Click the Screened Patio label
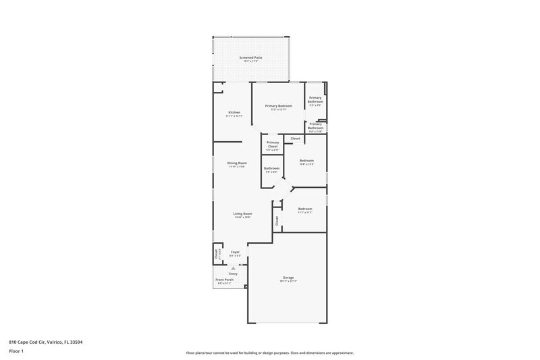[250, 58]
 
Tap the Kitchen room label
[234, 112]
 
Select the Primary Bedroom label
[278, 106]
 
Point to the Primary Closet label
[273, 144]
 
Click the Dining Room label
[236, 163]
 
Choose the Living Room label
[242, 213]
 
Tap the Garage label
[288, 278]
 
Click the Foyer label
[235, 252]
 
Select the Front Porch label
[224, 280]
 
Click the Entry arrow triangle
[233, 268]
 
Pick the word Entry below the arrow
[233, 274]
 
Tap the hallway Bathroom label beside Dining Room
[272, 168]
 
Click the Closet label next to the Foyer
[217, 254]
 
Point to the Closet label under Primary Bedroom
[296, 138]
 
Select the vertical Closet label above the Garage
[277, 220]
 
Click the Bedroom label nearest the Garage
[305, 209]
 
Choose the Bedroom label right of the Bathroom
[307, 160]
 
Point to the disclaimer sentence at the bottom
[270, 353]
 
